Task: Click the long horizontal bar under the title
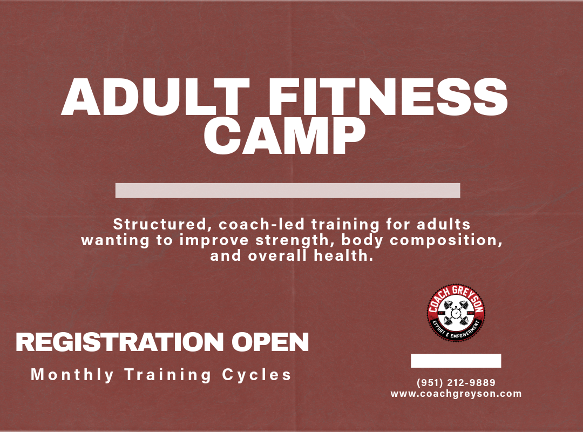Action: pyautogui.click(x=288, y=191)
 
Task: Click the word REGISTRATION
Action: pyautogui.click(x=119, y=342)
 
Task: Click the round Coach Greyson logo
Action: pyautogui.click(x=456, y=314)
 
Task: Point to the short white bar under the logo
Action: pyautogui.click(x=456, y=361)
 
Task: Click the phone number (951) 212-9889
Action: pyautogui.click(x=456, y=383)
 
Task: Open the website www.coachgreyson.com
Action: pyautogui.click(x=456, y=394)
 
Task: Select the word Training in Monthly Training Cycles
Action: pyautogui.click(x=169, y=375)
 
